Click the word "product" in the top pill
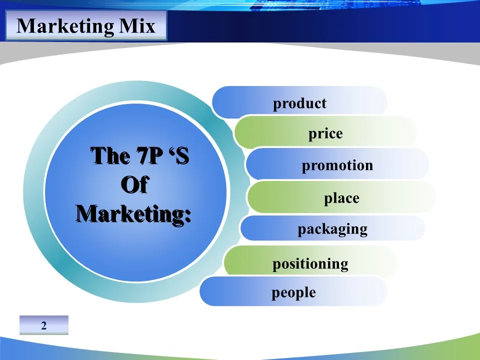(299, 103)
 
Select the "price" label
(325, 134)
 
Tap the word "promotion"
(337, 165)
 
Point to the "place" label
(341, 198)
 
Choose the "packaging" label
(332, 229)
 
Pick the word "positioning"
(310, 264)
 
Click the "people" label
(293, 293)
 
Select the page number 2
(44, 325)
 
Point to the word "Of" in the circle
(134, 184)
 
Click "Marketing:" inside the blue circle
(134, 214)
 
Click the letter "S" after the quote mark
(182, 156)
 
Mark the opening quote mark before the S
(171, 151)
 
